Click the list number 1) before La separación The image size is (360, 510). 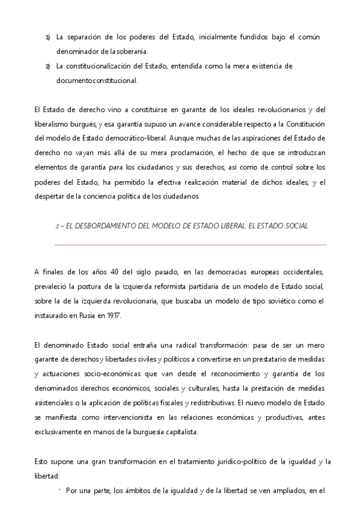[x=48, y=37]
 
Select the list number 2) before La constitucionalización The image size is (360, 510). [x=48, y=66]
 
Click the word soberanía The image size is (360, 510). [x=130, y=51]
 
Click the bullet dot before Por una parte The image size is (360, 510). [x=61, y=490]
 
